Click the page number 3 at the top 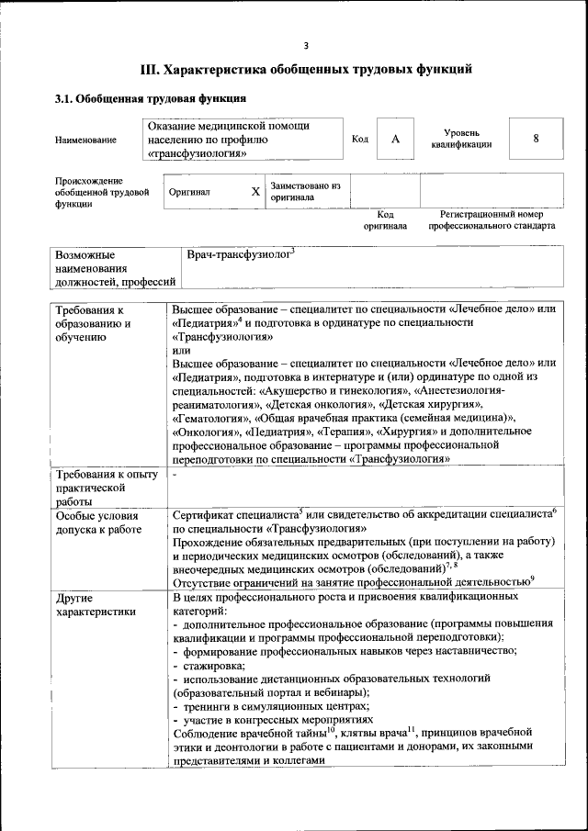pyautogui.click(x=306, y=46)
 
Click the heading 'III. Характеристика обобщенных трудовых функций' pyautogui.click(x=306, y=69)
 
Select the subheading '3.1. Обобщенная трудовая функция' pyautogui.click(x=149, y=97)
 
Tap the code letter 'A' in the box pyautogui.click(x=395, y=139)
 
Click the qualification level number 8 pyautogui.click(x=535, y=139)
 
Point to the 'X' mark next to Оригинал pyautogui.click(x=255, y=192)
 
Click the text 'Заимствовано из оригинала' pyautogui.click(x=305, y=191)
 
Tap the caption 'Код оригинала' pyautogui.click(x=385, y=219)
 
